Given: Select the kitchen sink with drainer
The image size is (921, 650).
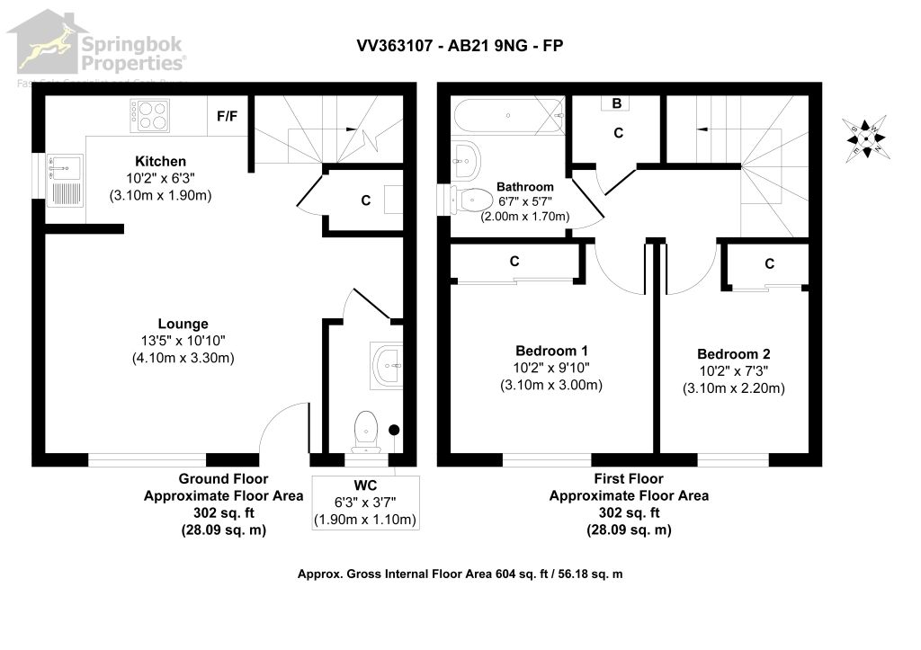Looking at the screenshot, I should [x=65, y=179].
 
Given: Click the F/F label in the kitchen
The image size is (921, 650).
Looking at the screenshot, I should [x=228, y=116].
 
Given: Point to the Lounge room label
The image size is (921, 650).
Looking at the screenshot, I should [x=183, y=324].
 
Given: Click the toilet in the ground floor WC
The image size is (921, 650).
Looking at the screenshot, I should [x=366, y=430].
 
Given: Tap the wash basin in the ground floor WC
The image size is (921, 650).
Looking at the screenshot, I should [x=389, y=364].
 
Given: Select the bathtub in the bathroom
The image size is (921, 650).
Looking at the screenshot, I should [x=508, y=116].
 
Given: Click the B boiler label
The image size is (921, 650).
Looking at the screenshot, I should [x=617, y=103].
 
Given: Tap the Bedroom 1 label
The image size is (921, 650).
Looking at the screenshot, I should [x=551, y=350].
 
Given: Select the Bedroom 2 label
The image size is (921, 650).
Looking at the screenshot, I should [x=733, y=354].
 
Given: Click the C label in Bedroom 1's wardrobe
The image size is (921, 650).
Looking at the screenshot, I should [x=514, y=262].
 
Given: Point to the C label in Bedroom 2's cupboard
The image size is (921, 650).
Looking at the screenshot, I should [x=769, y=263].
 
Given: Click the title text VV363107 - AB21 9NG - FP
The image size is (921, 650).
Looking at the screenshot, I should [x=460, y=46].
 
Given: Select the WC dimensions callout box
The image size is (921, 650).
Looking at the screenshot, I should [x=365, y=503].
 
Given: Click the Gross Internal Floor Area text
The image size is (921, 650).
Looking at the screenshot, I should [x=460, y=574].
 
